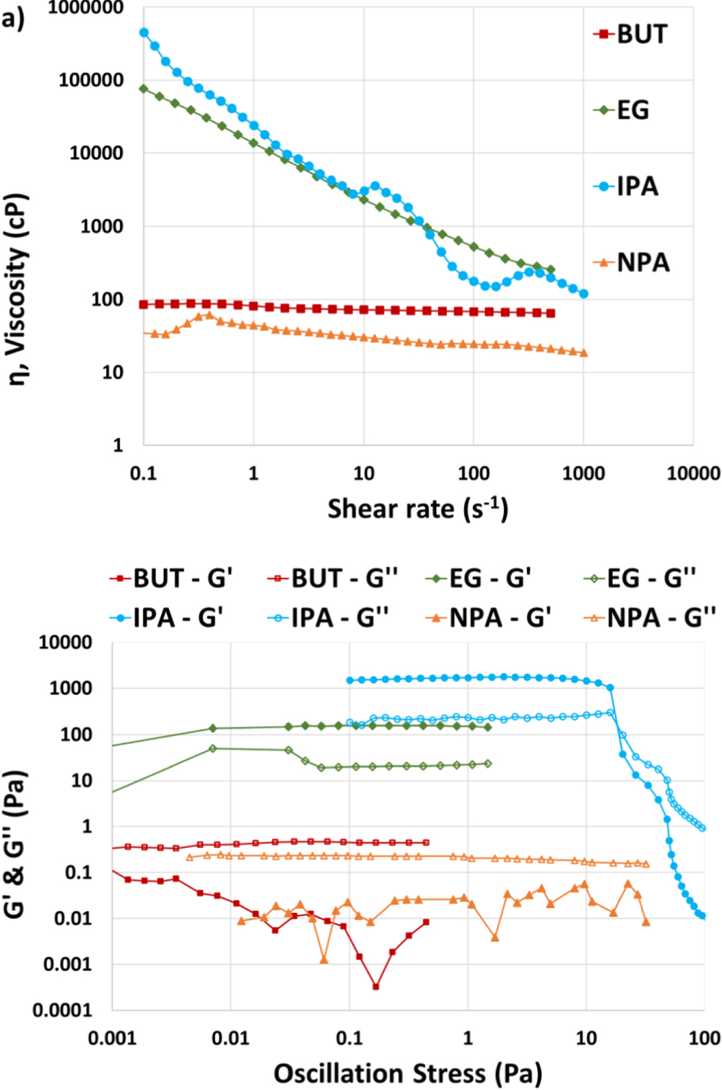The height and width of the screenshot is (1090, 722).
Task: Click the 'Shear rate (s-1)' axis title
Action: pyautogui.click(x=418, y=509)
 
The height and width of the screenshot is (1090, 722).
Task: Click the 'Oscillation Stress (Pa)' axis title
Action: pyautogui.click(x=407, y=1073)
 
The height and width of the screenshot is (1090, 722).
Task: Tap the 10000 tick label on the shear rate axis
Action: pyautogui.click(x=692, y=474)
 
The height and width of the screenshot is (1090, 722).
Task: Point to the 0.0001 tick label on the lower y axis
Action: pyautogui.click(x=62, y=1010)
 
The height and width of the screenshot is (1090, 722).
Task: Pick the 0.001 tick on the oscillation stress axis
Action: pyautogui.click(x=112, y=1039)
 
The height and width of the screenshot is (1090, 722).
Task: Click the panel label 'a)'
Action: pyautogui.click(x=12, y=17)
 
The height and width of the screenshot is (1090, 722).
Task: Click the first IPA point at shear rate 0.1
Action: pyautogui.click(x=144, y=33)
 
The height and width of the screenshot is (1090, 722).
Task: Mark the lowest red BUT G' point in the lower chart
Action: pyautogui.click(x=375, y=986)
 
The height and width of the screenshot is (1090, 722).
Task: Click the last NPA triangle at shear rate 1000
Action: pyautogui.click(x=583, y=353)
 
